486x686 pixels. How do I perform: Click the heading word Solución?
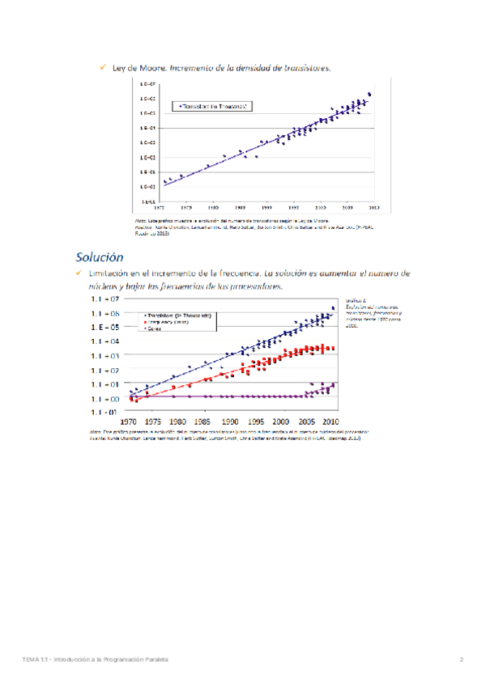point(100,258)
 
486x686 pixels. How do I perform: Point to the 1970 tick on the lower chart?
point(128,422)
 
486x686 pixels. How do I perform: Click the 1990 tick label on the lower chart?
point(230,422)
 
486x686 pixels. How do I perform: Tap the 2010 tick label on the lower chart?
point(331,422)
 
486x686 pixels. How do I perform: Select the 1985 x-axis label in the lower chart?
point(204,422)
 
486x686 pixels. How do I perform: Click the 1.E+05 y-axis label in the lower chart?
point(104,328)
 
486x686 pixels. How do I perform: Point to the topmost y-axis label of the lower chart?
point(104,299)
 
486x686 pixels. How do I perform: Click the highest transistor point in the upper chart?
point(370,94)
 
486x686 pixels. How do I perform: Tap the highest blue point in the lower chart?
point(333,308)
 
